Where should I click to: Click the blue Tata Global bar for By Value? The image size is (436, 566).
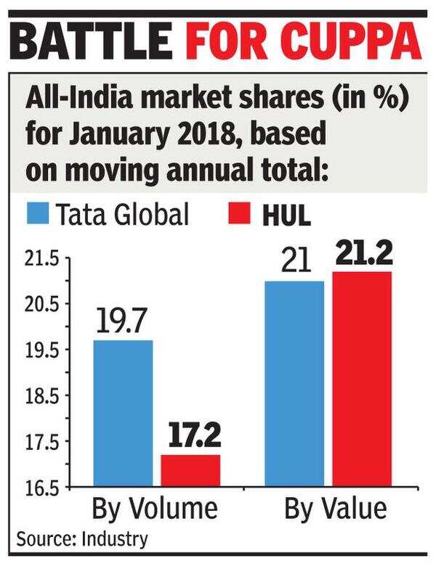[294, 383]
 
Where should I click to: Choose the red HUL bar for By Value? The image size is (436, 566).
[362, 379]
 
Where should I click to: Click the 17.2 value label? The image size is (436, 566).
[190, 435]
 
